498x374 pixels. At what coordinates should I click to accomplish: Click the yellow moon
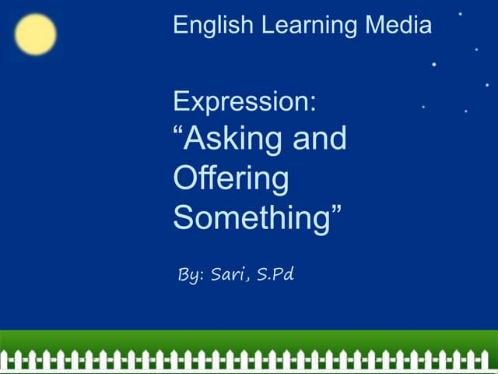(36, 35)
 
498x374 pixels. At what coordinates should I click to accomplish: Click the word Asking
(233, 140)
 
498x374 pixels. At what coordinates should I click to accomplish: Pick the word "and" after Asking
(319, 140)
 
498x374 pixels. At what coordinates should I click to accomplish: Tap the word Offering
(230, 178)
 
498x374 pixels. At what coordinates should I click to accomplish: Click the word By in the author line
(189, 275)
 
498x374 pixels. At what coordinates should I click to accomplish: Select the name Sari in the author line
(227, 274)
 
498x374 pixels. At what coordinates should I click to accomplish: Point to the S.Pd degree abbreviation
(275, 274)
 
